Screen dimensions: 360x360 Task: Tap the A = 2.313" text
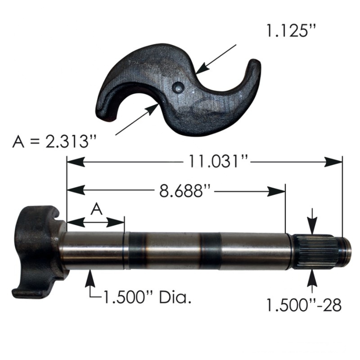click(x=54, y=142)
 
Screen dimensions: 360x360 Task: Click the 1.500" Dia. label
click(x=148, y=297)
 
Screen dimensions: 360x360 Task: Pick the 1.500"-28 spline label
click(x=304, y=305)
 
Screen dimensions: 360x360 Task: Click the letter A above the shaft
click(x=96, y=209)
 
